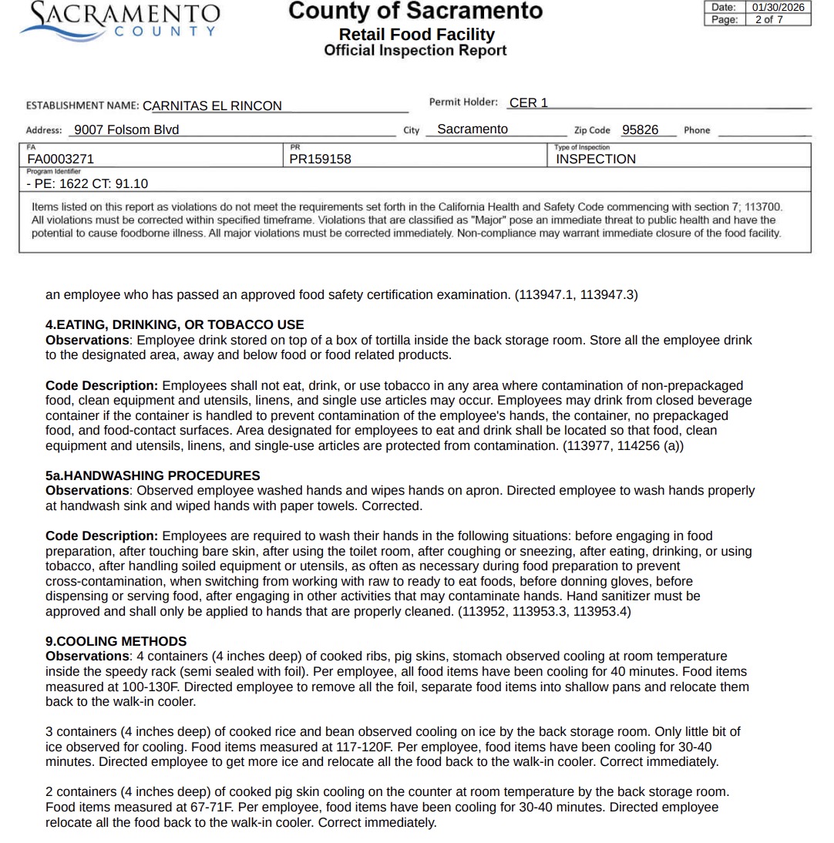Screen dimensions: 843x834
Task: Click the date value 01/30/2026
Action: point(778,7)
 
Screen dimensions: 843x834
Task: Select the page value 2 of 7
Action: point(768,19)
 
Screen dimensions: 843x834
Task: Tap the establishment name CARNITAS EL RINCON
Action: point(212,106)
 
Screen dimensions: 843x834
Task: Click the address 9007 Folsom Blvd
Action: point(126,129)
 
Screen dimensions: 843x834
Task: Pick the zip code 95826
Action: point(640,129)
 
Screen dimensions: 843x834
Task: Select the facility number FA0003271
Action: point(61,159)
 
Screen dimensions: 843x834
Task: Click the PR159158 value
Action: point(320,159)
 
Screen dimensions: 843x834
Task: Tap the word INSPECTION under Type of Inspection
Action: point(596,159)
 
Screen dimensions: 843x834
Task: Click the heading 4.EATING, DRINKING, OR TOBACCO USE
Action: point(175,324)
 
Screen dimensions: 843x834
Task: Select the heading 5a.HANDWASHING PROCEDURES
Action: point(153,475)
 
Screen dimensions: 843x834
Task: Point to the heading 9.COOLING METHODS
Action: point(116,641)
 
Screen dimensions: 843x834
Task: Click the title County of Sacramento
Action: point(415,11)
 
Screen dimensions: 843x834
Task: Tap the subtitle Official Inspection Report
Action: point(415,51)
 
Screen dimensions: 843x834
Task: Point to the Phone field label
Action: point(697,130)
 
